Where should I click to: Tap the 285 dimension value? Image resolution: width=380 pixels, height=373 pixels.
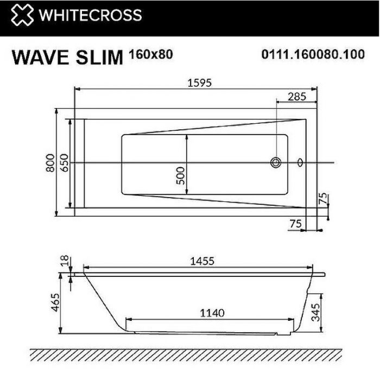[296, 97]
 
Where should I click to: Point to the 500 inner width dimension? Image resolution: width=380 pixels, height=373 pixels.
[181, 175]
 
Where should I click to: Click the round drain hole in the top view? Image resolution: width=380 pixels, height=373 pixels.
[276, 162]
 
